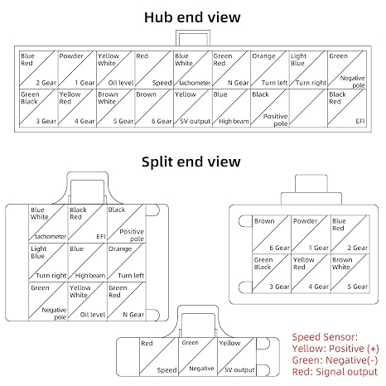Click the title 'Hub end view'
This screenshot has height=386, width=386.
(x=192, y=17)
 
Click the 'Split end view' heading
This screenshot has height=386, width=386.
(x=191, y=162)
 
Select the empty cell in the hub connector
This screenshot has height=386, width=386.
(x=308, y=109)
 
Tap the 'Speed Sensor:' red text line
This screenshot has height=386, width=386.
(x=325, y=337)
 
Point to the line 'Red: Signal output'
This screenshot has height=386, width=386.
(x=335, y=372)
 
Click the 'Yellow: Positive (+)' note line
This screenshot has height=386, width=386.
(x=335, y=349)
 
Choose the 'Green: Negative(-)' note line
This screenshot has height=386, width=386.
(x=335, y=360)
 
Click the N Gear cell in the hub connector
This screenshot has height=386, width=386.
(x=231, y=70)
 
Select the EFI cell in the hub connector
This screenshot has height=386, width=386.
(x=347, y=109)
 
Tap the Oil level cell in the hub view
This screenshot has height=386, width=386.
(x=116, y=70)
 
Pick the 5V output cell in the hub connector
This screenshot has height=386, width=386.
(x=193, y=109)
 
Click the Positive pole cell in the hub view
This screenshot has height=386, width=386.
(x=270, y=109)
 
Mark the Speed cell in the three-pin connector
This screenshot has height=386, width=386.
(x=159, y=357)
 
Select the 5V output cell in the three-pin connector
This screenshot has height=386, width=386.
(x=237, y=357)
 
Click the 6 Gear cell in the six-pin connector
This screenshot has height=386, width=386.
(x=272, y=234)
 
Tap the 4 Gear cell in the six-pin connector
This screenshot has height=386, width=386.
(x=311, y=273)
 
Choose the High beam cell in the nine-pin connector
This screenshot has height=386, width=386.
(x=87, y=263)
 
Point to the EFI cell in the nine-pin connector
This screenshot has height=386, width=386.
(x=87, y=224)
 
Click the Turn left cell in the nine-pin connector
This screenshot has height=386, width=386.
(x=127, y=263)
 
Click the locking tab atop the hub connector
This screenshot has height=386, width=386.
(x=193, y=38)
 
